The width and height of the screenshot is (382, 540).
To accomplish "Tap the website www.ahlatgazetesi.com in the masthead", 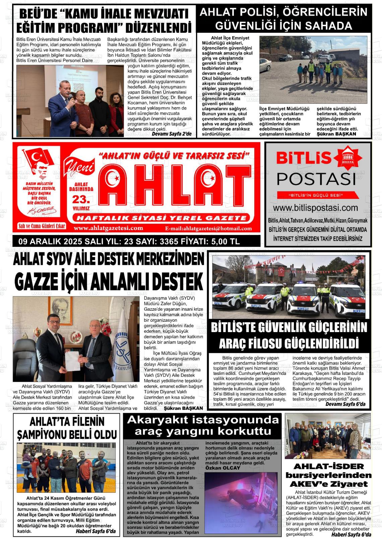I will tap(109, 228).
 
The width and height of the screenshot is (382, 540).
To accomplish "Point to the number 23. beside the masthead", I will tap(81, 200).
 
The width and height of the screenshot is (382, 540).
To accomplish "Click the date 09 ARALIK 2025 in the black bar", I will tap(49, 241).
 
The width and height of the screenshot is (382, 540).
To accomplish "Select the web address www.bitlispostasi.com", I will tap(318, 208).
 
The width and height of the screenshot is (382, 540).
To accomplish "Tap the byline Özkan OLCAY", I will tap(223, 468).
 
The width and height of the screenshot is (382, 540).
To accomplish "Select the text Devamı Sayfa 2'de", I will tap(172, 134).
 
